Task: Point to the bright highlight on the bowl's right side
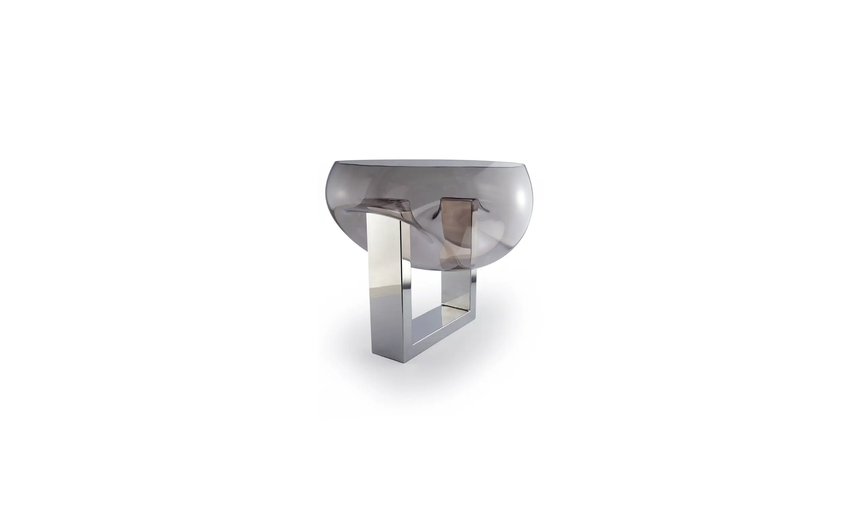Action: (x=520, y=202)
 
